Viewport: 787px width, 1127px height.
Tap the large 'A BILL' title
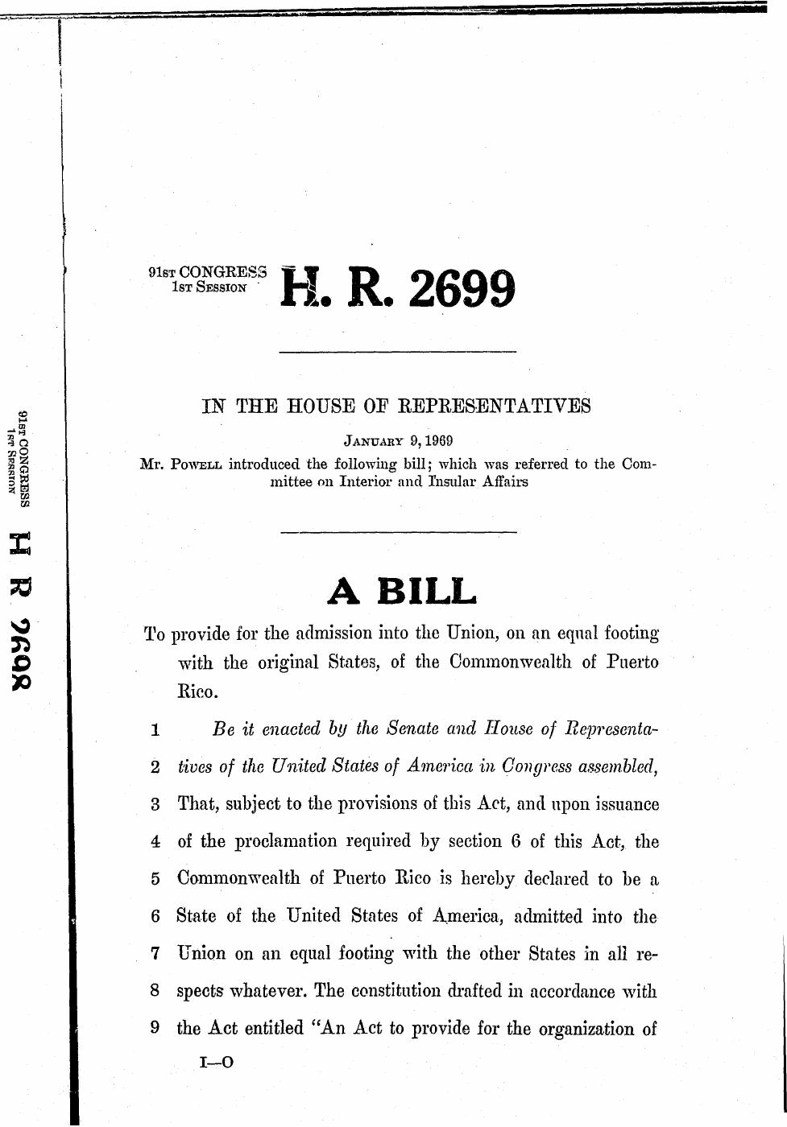(x=402, y=592)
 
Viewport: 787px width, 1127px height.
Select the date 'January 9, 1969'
(x=398, y=441)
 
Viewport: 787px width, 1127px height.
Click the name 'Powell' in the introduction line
(x=196, y=464)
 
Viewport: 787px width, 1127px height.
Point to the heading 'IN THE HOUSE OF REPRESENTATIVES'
(x=396, y=406)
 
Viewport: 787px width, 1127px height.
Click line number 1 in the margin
(x=155, y=731)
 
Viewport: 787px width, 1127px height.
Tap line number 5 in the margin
(x=155, y=879)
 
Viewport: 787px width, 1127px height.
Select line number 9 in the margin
(x=155, y=1029)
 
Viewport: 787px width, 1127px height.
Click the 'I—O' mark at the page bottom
(x=217, y=1063)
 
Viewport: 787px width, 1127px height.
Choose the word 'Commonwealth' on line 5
(x=242, y=878)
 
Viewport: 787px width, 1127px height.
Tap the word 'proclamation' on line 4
(x=286, y=842)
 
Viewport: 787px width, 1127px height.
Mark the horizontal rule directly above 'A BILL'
(x=397, y=532)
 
